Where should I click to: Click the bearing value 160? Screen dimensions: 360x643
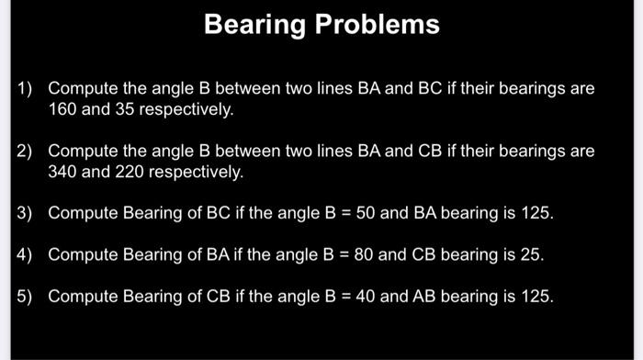[62, 110]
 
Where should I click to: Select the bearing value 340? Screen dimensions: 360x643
[62, 172]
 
